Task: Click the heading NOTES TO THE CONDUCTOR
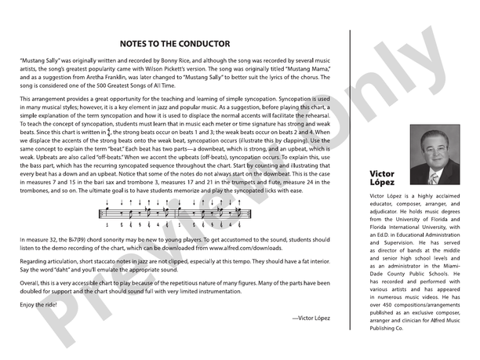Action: point(175,44)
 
